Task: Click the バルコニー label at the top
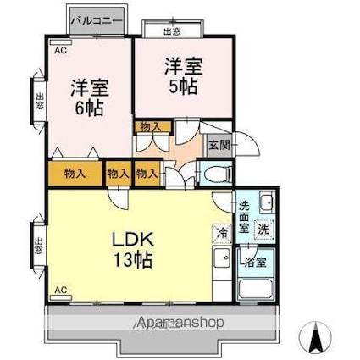click(x=97, y=18)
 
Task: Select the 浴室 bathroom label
click(x=255, y=262)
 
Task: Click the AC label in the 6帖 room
click(x=61, y=51)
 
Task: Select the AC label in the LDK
click(x=61, y=291)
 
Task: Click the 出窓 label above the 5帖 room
click(x=171, y=31)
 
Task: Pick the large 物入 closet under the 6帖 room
click(x=75, y=174)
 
